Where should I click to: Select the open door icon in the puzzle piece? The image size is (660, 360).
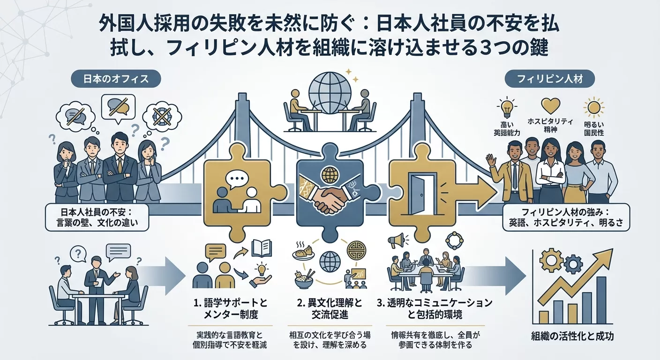[420, 193]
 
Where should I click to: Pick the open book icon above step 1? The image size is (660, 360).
[261, 248]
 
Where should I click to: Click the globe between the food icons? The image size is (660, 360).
[330, 260]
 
